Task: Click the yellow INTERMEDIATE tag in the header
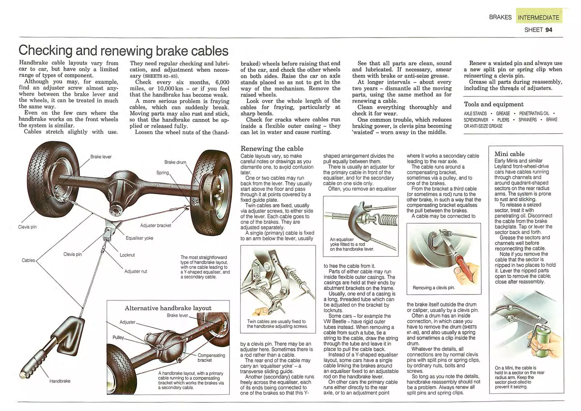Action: click(538, 17)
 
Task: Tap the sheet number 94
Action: click(549, 30)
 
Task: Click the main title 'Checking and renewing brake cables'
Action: click(123, 51)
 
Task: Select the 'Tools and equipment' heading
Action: click(494, 104)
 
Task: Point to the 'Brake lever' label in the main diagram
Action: click(101, 157)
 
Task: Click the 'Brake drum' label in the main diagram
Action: click(175, 162)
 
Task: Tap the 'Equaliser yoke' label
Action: click(139, 238)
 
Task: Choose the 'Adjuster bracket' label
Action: click(155, 226)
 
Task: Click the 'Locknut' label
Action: click(127, 255)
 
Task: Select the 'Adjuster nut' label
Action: click(136, 271)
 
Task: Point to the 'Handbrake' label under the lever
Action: click(60, 381)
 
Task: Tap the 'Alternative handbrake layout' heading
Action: click(168, 308)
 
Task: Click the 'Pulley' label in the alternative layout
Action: click(118, 337)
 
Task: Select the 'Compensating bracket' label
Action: click(211, 358)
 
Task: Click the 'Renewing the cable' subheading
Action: click(272, 149)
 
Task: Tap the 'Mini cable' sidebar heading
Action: click(510, 154)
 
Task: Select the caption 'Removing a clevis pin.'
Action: click(433, 288)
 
